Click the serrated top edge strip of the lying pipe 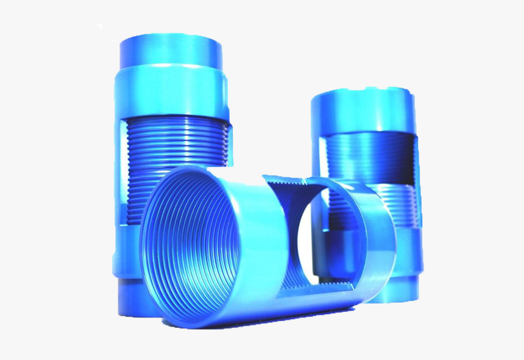pyautogui.click(x=286, y=181)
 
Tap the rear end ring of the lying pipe pyautogui.click(x=372, y=244)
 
